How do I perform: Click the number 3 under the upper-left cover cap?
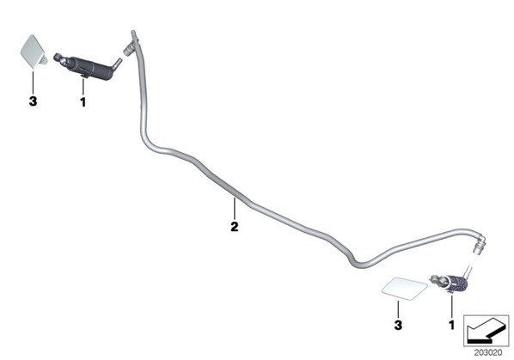coord(33,101)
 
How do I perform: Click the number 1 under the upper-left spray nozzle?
coord(83,102)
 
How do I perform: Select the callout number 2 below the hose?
coord(235,226)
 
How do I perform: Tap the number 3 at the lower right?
coord(398,326)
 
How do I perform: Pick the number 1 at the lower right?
coord(452,326)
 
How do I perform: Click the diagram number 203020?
coord(487,353)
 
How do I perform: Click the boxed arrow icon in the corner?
coord(486,331)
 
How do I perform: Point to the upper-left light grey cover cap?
coord(34,52)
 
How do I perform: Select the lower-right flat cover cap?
coord(405,288)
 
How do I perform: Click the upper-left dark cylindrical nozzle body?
coord(89,68)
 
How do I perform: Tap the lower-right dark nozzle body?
coord(454,284)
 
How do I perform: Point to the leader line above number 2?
coord(235,209)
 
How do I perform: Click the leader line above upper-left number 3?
coord(33,82)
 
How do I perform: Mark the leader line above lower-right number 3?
coord(398,309)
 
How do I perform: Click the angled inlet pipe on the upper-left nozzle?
coord(116,64)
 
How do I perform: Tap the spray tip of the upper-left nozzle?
coord(59,58)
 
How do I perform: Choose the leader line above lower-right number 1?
coord(452,306)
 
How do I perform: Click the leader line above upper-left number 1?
coord(83,86)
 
